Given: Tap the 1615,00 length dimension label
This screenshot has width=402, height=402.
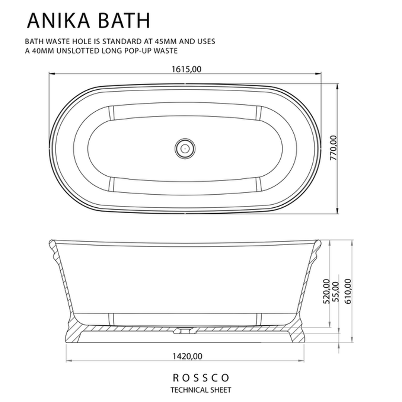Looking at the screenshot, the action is (186, 69).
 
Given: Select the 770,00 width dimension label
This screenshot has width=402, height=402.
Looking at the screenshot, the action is (333, 148).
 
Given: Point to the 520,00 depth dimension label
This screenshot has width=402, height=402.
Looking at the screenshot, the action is (326, 291).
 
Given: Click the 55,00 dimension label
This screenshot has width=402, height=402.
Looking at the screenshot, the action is (335, 292).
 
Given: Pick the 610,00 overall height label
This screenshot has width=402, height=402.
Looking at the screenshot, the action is (348, 291).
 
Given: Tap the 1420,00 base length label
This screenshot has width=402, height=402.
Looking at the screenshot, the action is (187, 356).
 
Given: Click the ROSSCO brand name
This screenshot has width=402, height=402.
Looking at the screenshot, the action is (201, 378).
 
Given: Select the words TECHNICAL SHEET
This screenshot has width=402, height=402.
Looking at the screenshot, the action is (201, 390).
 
